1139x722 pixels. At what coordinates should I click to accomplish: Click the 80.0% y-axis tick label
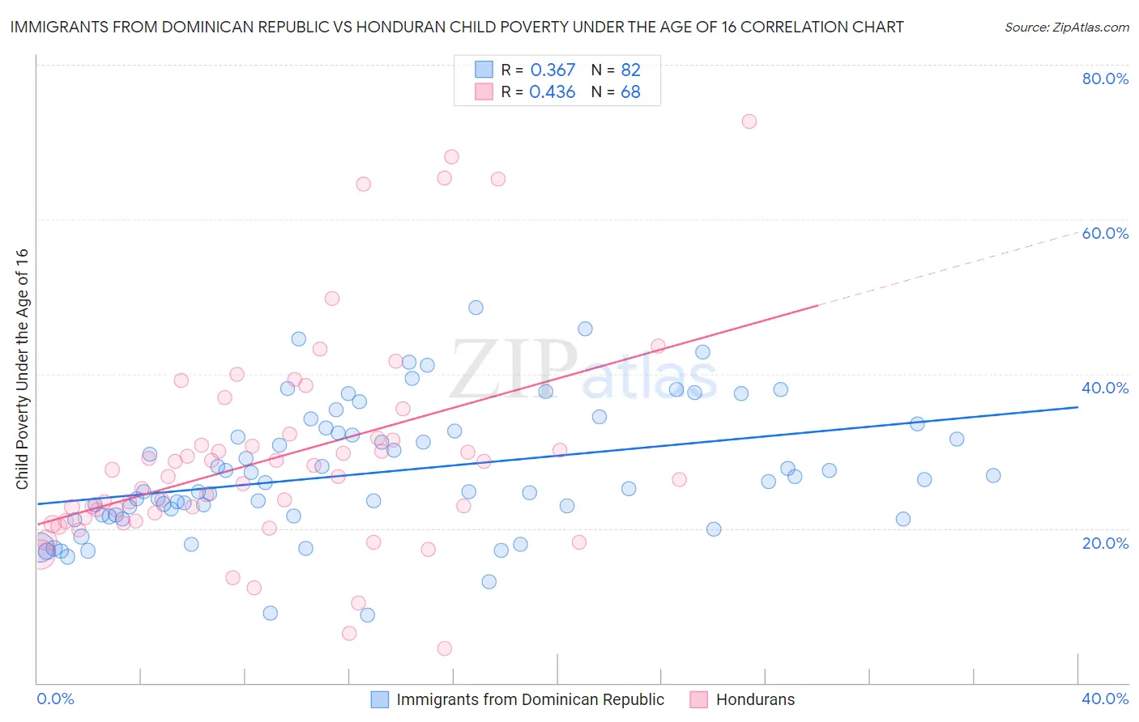[x=1105, y=79]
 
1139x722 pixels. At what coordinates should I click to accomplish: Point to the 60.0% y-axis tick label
[x=1105, y=233]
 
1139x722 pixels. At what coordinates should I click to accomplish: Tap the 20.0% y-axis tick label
[x=1105, y=542]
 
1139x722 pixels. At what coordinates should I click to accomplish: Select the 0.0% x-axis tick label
[x=55, y=699]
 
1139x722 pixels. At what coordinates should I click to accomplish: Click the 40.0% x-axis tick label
[x=1105, y=699]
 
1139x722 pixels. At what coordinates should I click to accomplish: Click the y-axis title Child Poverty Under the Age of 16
[x=22, y=368]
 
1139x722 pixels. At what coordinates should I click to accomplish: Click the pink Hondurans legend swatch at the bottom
[x=698, y=699]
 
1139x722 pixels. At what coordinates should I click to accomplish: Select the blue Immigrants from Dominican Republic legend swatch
[x=379, y=699]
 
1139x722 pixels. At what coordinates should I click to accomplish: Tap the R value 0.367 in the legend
[x=552, y=70]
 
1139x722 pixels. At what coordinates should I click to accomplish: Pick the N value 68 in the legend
[x=630, y=92]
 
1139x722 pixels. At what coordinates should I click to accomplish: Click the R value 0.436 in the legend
[x=552, y=92]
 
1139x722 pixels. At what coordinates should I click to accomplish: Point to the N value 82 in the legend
[x=630, y=70]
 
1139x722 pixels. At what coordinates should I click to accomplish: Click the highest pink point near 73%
[x=749, y=121]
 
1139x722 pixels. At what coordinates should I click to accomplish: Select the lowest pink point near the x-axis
[x=444, y=648]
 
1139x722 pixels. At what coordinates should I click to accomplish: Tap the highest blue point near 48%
[x=476, y=308]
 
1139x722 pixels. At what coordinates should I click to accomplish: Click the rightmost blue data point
[x=993, y=476]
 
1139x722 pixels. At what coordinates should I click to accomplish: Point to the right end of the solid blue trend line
[x=1077, y=407]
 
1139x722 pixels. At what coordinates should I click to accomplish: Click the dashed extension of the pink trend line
[x=948, y=269]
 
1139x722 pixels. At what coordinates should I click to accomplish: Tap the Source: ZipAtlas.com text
[x=1066, y=27]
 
